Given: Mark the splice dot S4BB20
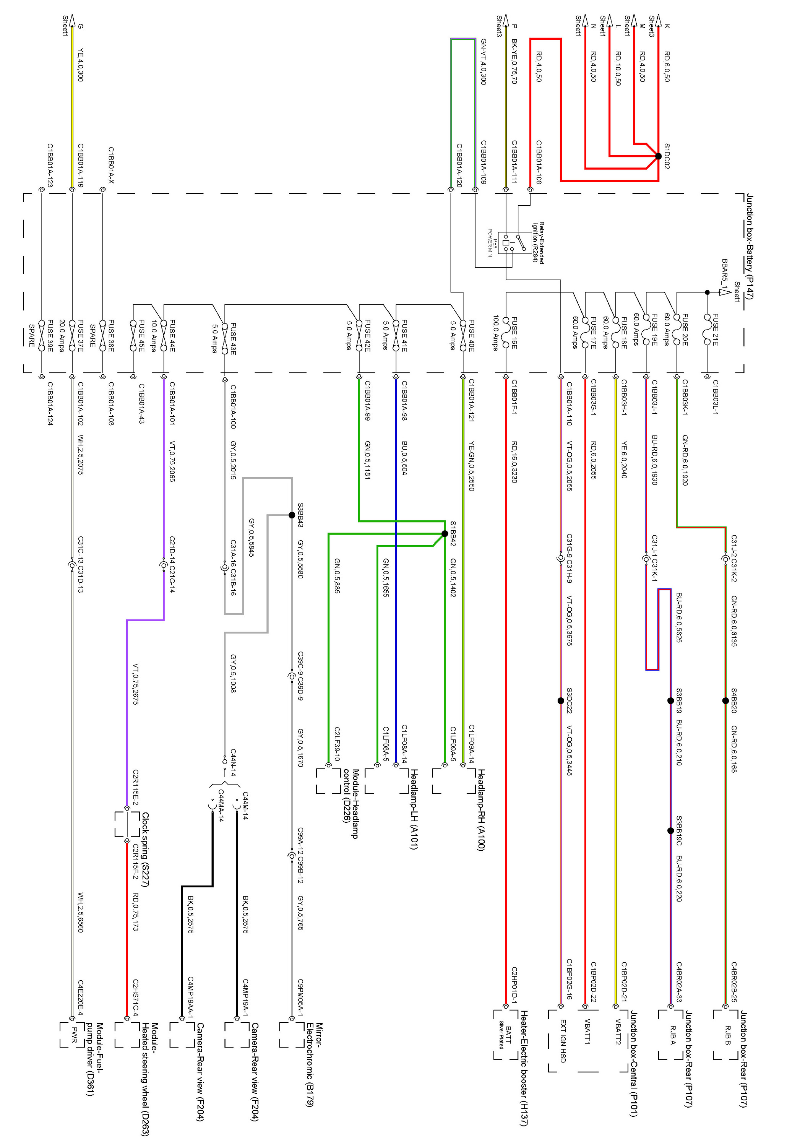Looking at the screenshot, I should coord(725,700).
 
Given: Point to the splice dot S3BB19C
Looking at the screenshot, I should coord(670,831).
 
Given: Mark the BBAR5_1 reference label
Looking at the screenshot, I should coord(724,274).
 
